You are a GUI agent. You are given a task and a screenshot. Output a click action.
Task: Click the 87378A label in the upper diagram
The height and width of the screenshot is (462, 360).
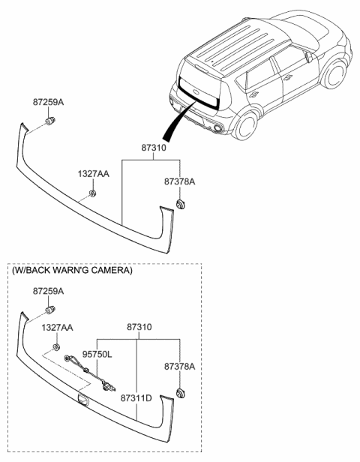click(x=180, y=182)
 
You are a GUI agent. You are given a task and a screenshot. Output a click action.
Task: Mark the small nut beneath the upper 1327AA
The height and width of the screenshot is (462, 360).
click(x=91, y=193)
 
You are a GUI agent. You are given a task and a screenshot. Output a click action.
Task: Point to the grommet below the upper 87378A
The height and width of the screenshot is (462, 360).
click(x=181, y=203)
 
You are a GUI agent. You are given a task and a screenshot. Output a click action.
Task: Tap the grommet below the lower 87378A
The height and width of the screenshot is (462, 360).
click(x=181, y=392)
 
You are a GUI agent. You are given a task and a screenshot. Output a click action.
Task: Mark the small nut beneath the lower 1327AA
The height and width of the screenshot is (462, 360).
click(x=57, y=347)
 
